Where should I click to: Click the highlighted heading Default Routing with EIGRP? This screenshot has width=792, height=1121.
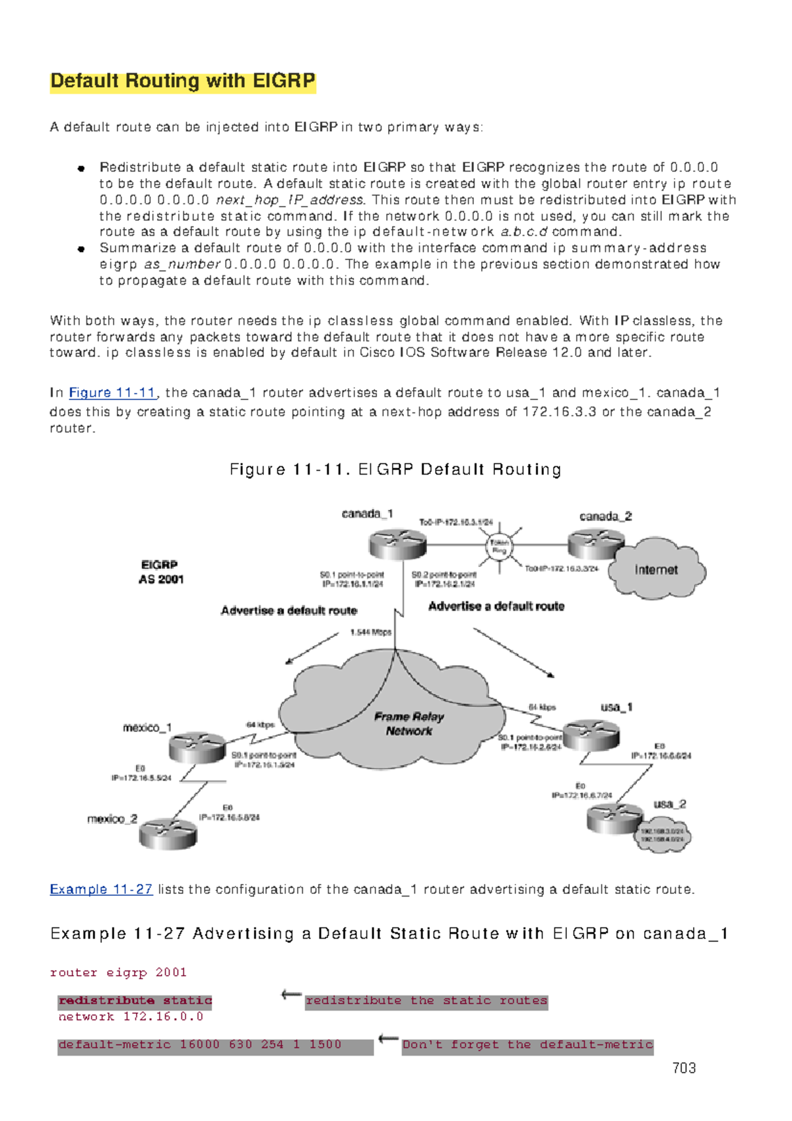[183, 81]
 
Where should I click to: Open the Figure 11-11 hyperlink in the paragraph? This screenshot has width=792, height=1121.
[112, 393]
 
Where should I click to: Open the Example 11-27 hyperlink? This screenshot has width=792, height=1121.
[101, 889]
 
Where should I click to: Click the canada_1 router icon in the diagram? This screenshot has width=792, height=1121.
[397, 543]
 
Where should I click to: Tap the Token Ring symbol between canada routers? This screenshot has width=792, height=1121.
[499, 547]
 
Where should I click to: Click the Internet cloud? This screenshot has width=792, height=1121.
[656, 570]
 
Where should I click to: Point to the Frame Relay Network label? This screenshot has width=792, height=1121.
[409, 724]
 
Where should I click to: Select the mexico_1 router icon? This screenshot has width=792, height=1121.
[197, 747]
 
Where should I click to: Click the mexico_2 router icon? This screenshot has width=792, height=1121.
[168, 833]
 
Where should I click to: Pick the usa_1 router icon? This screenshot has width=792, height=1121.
[591, 734]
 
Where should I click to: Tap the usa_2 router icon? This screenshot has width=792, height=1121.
[614, 819]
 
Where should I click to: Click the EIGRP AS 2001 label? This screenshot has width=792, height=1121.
[160, 572]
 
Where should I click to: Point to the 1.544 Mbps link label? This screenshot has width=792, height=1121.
[370, 632]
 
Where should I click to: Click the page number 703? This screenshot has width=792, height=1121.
[684, 1068]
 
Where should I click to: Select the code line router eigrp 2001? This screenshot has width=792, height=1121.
[118, 972]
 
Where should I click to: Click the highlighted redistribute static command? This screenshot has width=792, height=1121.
[135, 1001]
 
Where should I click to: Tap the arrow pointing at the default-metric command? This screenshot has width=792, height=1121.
[388, 1040]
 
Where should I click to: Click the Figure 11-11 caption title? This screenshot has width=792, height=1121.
[395, 469]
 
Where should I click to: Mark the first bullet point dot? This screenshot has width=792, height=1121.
[81, 168]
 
